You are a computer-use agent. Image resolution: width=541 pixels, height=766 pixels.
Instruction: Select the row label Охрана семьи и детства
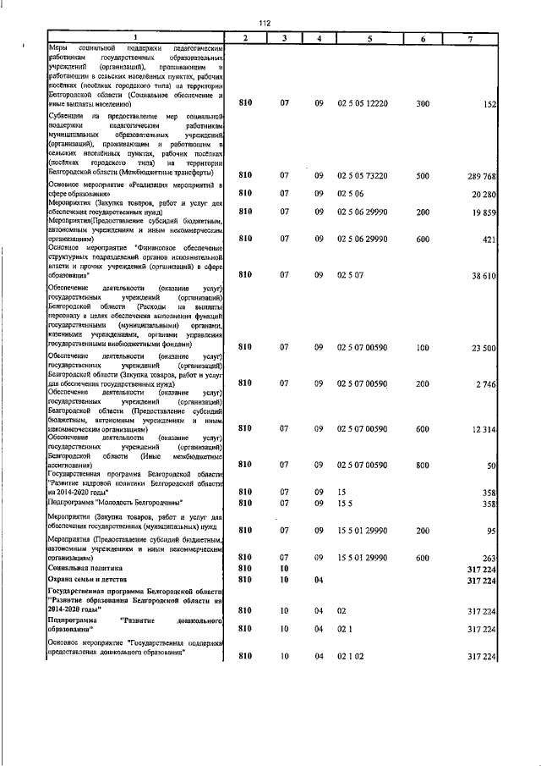click(x=92, y=581)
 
